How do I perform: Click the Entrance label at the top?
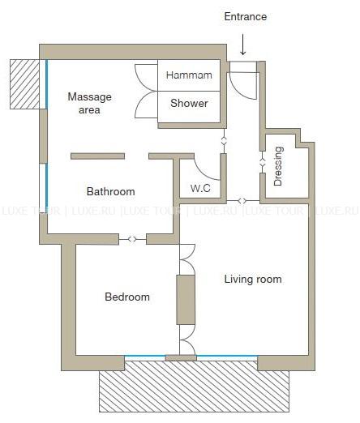coord(246,17)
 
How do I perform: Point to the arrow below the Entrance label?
coord(243,45)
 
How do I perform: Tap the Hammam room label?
coord(189,75)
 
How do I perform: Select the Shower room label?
coord(189,103)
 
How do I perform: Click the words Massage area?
coord(89,103)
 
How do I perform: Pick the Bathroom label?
coord(111,191)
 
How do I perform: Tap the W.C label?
coord(200,188)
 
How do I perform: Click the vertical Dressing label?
coord(278,166)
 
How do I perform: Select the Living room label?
coord(253,279)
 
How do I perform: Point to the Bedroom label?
coord(127,297)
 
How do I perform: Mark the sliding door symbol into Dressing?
coord(263,162)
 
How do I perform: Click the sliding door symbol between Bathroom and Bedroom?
coord(132,239)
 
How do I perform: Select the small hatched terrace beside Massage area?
coord(25,84)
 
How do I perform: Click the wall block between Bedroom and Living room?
coord(186,300)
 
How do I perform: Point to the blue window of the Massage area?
coord(47,84)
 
